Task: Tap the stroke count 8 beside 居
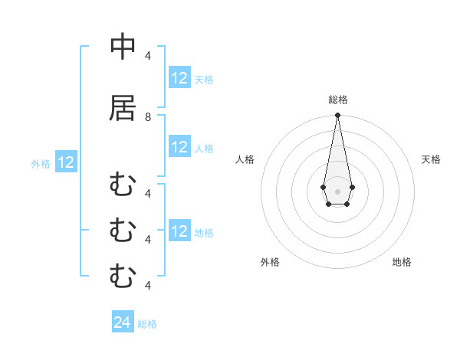(x=148, y=117)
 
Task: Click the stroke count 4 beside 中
(x=148, y=55)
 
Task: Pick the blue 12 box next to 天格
(x=179, y=78)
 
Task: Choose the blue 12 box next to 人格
(x=179, y=147)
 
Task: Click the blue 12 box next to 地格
(x=179, y=231)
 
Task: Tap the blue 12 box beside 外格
(x=66, y=162)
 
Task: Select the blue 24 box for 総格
(x=123, y=323)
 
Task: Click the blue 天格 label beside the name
(x=204, y=79)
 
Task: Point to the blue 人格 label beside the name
(x=204, y=148)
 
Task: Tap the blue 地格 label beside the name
(x=204, y=231)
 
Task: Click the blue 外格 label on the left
(x=41, y=163)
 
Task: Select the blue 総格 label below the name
(x=147, y=324)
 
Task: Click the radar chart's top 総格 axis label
(x=337, y=100)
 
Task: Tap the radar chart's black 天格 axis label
(x=431, y=159)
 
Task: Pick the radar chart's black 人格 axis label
(x=245, y=159)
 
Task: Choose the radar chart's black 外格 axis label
(x=270, y=262)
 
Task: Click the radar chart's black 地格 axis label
(x=402, y=262)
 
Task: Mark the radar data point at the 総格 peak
(x=337, y=116)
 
